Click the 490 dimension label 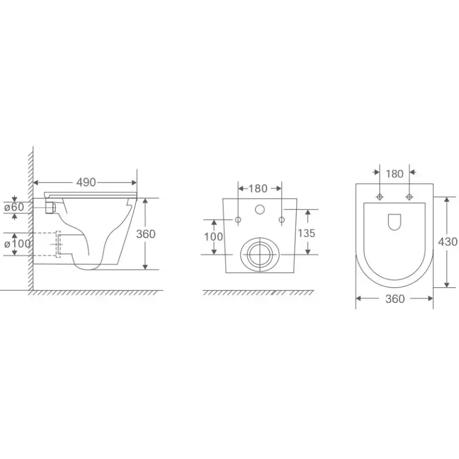85,182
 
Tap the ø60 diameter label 14,207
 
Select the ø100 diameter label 17,243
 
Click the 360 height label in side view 146,234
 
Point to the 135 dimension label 306,233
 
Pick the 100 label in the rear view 213,236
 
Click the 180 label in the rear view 258,189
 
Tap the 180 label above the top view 394,174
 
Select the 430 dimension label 448,242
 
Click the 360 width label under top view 395,298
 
